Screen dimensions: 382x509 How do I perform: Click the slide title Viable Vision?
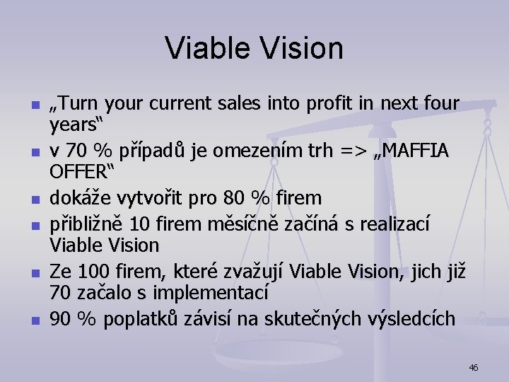click(255, 48)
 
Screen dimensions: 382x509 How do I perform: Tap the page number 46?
click(474, 367)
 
